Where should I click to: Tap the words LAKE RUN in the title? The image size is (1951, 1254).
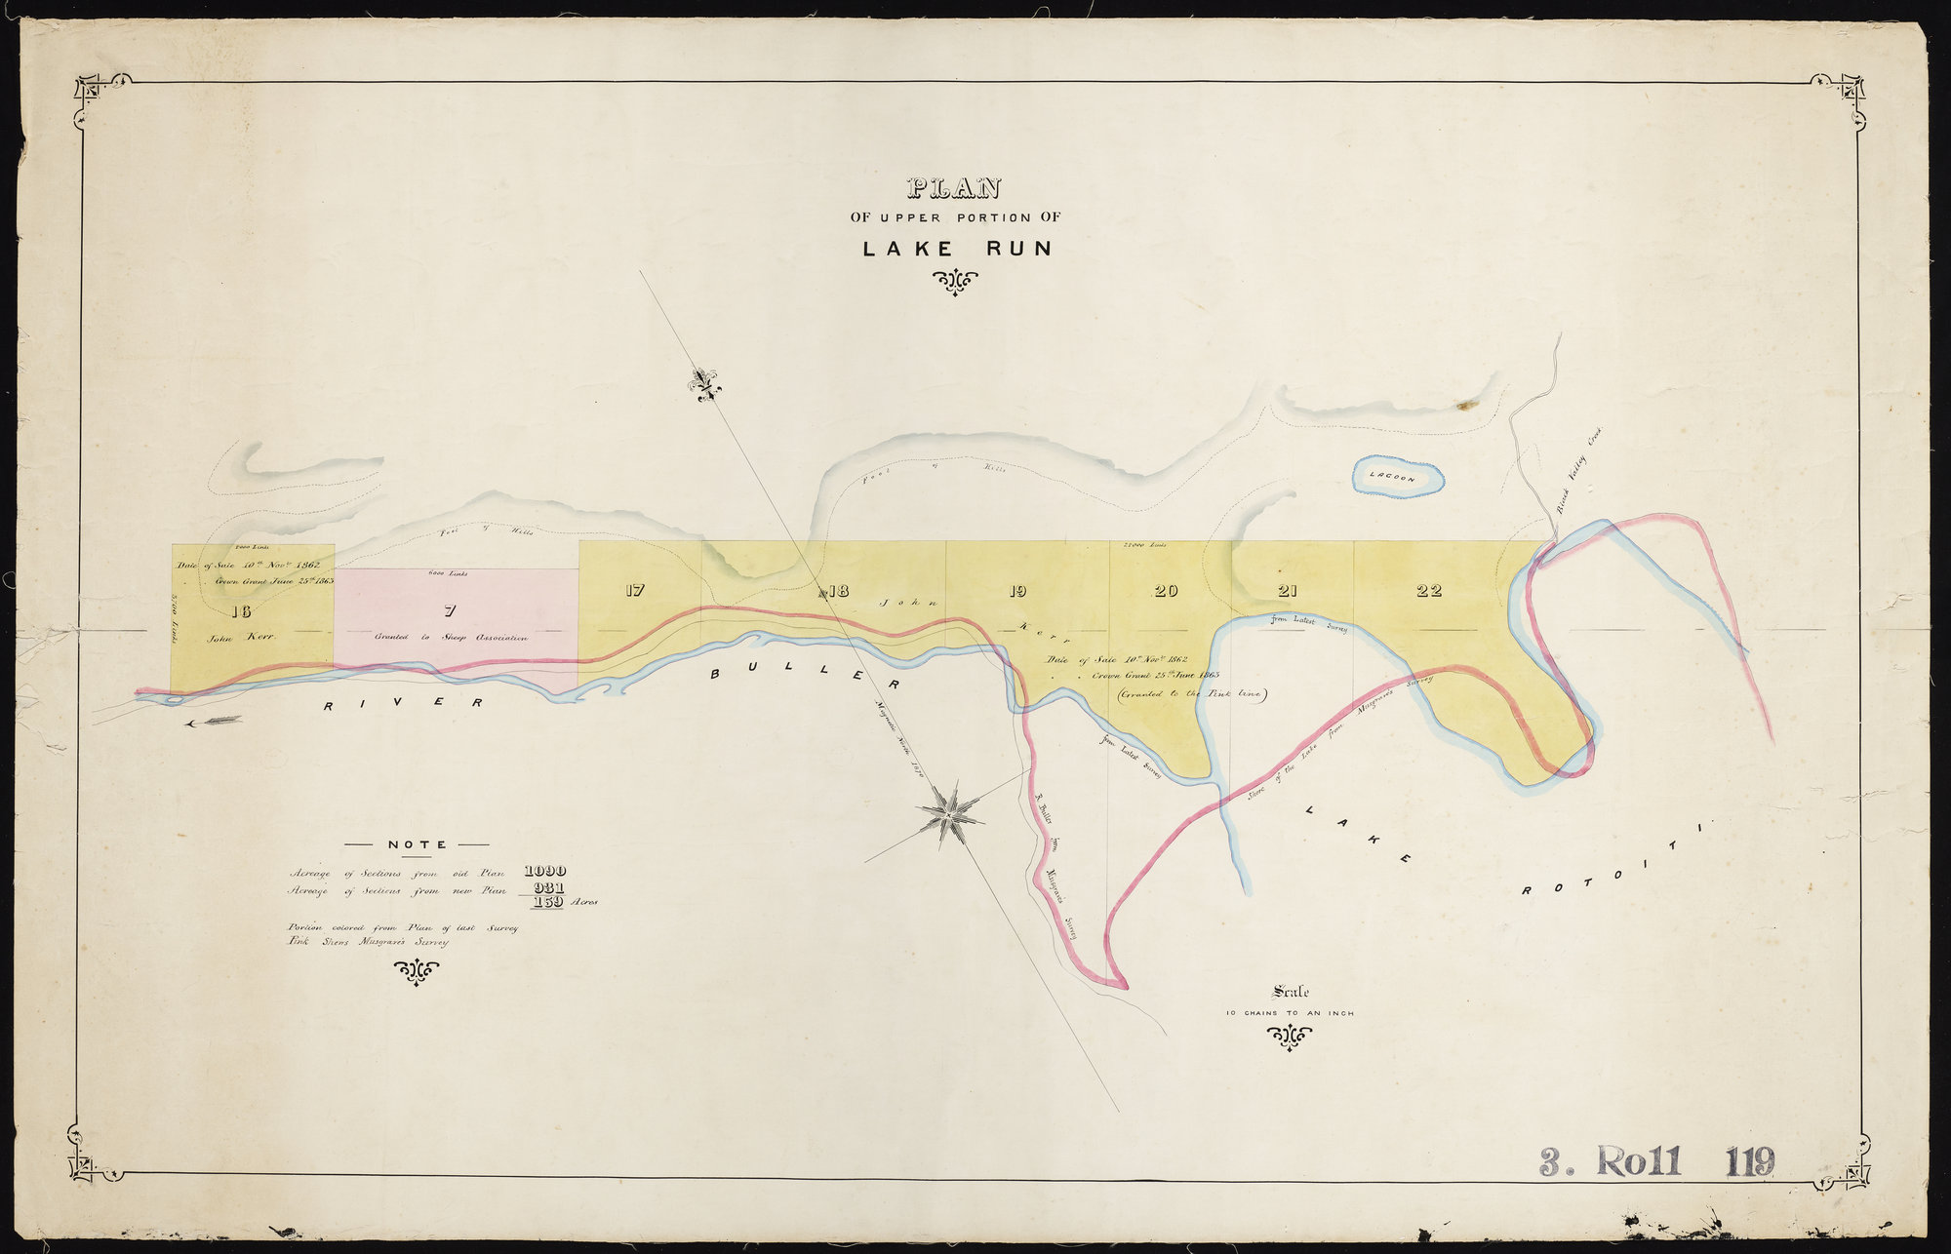(957, 249)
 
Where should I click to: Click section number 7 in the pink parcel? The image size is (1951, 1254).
(450, 611)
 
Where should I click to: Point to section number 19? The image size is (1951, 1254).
(1017, 590)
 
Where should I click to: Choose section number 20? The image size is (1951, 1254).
(1166, 590)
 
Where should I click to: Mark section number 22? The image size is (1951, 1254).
(1429, 590)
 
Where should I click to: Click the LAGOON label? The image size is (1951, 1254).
(1392, 477)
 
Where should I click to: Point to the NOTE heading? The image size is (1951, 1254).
(417, 844)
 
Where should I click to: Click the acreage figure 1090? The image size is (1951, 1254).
(545, 871)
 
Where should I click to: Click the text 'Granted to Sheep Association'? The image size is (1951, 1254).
(450, 638)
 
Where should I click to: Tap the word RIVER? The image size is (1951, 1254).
(404, 702)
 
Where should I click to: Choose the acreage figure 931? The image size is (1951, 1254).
(545, 889)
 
